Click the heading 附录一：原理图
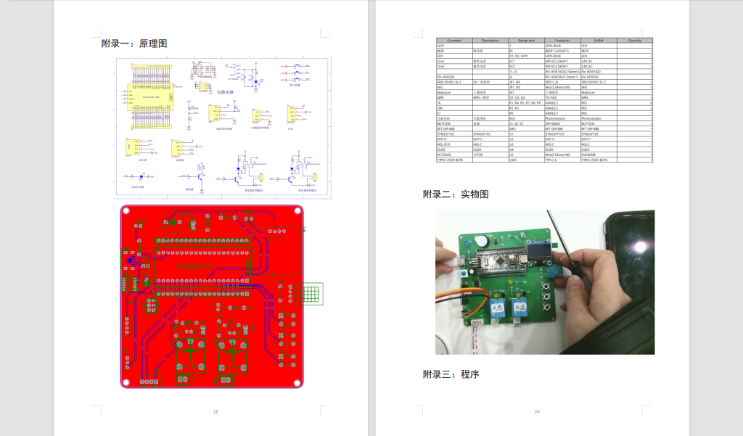(134, 44)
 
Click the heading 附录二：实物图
(456, 194)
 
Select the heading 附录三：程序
(451, 374)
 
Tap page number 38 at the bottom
(215, 411)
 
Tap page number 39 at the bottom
(537, 411)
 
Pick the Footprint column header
(562, 41)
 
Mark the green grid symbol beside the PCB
(311, 294)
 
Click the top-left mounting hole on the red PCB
(126, 211)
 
